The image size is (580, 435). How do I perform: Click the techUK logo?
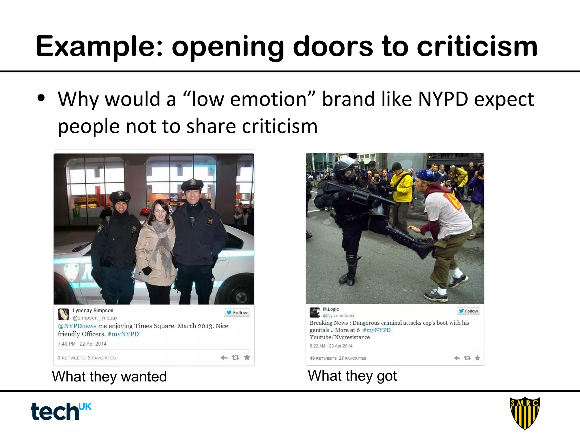(61, 411)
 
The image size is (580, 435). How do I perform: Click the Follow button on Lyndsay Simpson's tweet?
(237, 313)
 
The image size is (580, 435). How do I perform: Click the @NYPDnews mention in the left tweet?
(77, 326)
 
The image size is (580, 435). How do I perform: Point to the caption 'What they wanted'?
(109, 377)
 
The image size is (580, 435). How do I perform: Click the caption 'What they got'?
(352, 376)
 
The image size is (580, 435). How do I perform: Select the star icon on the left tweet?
(247, 358)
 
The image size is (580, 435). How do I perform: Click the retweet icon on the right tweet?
(467, 358)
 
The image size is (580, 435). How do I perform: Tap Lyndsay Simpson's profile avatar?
(63, 314)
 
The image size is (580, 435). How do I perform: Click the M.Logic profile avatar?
(315, 312)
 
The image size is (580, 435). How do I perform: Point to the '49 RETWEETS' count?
(323, 358)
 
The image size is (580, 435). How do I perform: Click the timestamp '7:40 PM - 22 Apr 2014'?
(82, 344)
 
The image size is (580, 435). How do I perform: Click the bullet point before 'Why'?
(41, 98)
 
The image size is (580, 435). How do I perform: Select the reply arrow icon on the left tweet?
(224, 358)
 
